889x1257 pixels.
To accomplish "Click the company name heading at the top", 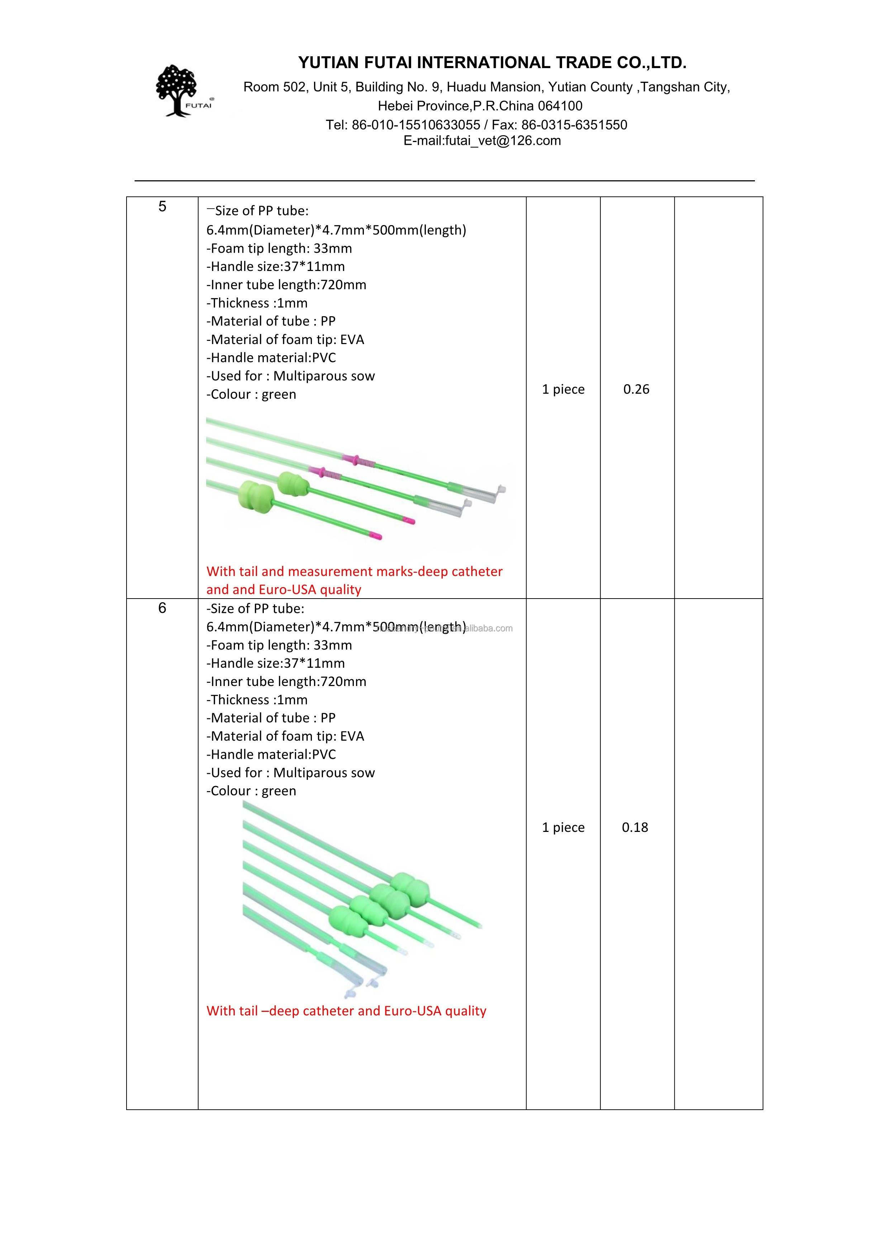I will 492,63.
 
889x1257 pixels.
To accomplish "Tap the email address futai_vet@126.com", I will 503,141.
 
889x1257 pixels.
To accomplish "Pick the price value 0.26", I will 636,389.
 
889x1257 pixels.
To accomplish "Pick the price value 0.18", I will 635,827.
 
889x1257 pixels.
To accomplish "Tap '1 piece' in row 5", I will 563,389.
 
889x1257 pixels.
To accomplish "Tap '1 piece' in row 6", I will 563,827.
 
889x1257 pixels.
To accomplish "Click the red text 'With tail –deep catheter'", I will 346,1011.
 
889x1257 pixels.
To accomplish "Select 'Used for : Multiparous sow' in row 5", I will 291,376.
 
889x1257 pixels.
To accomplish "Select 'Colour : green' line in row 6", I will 251,791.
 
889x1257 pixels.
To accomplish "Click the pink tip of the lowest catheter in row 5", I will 375,535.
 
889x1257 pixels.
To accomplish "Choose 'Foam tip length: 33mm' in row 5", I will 279,248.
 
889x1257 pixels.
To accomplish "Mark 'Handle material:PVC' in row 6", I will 271,754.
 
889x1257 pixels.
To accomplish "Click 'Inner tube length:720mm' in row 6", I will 286,682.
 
